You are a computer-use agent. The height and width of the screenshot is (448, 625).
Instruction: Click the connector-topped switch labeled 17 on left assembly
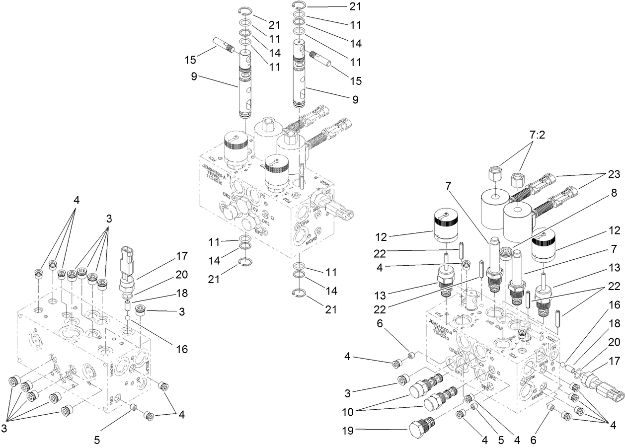pyautogui.click(x=128, y=271)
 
